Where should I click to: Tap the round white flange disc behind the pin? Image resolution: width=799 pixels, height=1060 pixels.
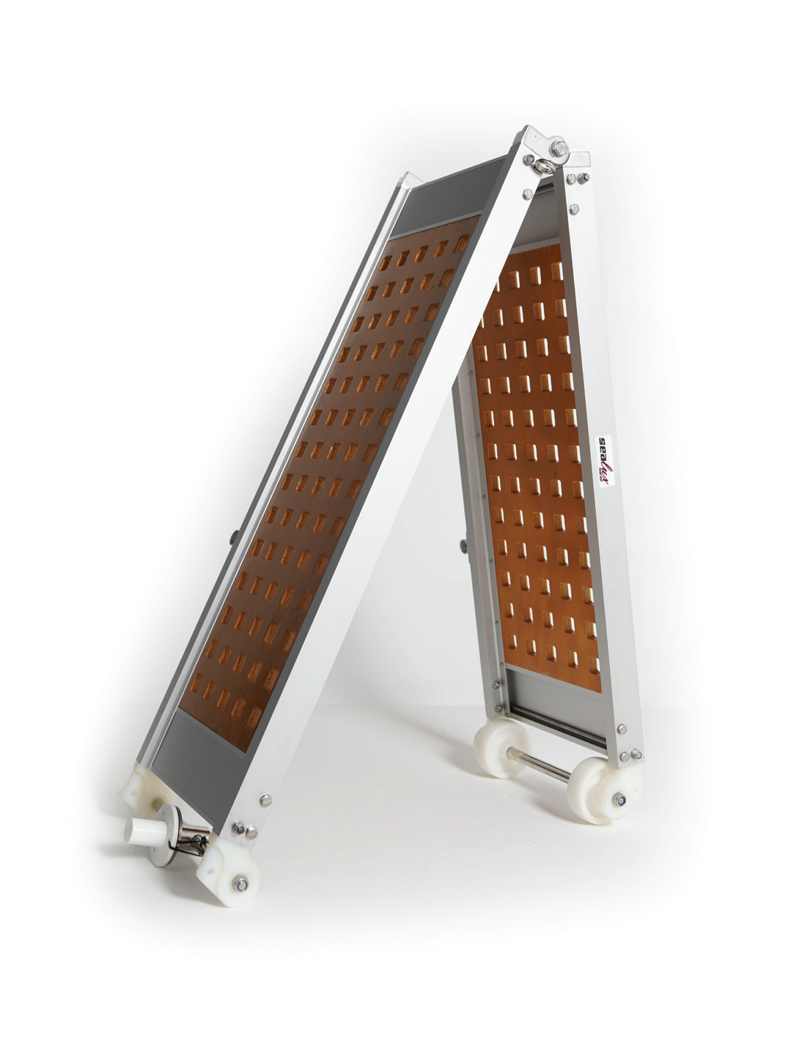(x=173, y=821)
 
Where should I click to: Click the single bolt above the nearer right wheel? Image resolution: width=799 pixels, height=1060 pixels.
(x=622, y=728)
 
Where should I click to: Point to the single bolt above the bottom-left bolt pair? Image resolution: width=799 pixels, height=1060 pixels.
(x=265, y=798)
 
